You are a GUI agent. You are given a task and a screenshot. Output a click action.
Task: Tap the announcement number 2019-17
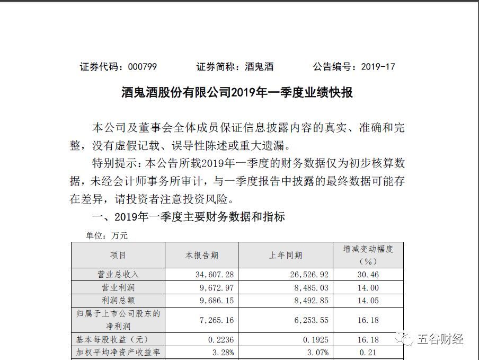[x=378, y=67]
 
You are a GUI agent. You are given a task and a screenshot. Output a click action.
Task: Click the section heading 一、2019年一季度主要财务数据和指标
[x=188, y=217]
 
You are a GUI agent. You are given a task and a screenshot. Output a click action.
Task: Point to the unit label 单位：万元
[x=100, y=235]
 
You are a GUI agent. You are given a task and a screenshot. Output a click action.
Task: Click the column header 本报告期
[x=201, y=255]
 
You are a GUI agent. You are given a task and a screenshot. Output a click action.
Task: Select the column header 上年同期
[x=286, y=255]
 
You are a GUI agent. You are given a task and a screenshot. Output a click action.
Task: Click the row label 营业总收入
[x=118, y=274]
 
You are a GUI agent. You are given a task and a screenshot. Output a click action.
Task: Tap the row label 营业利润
[x=118, y=287]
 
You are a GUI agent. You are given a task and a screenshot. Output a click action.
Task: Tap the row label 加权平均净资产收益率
[x=118, y=352]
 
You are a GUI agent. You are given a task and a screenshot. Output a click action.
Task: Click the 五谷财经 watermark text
[x=441, y=338]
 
